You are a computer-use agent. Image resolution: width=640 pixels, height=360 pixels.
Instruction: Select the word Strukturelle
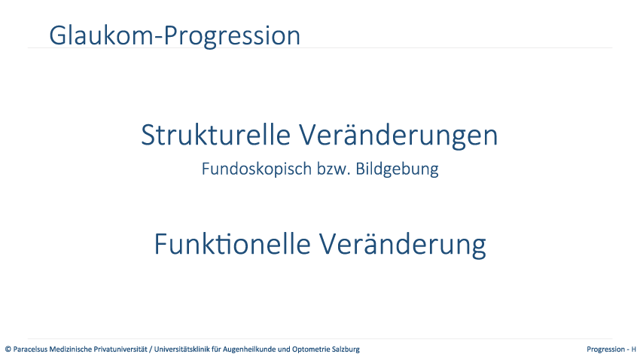click(x=215, y=135)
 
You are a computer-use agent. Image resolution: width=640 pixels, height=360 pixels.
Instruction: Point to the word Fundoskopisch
click(x=257, y=169)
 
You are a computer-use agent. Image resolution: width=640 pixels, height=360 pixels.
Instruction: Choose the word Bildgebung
click(x=397, y=169)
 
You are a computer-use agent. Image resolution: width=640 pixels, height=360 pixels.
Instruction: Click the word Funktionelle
click(x=232, y=244)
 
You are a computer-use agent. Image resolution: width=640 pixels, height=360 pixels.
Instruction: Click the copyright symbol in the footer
click(x=8, y=349)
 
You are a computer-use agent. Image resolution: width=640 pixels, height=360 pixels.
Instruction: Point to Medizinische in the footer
click(x=70, y=349)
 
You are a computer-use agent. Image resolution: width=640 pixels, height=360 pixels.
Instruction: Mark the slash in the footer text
click(x=151, y=349)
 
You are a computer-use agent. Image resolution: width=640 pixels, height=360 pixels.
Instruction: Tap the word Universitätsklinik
click(x=181, y=349)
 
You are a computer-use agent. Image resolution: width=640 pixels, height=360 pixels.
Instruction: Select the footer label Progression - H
click(x=611, y=349)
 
